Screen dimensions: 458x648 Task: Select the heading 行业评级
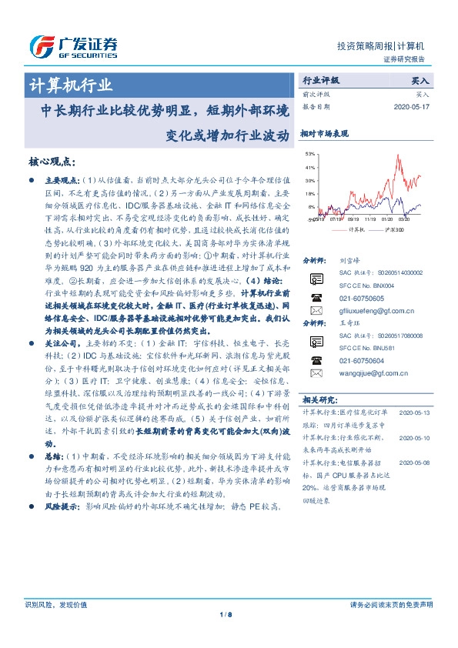(x=320, y=80)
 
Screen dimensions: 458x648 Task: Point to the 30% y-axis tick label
(x=310, y=179)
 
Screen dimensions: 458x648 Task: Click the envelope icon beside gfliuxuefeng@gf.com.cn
(x=316, y=310)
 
